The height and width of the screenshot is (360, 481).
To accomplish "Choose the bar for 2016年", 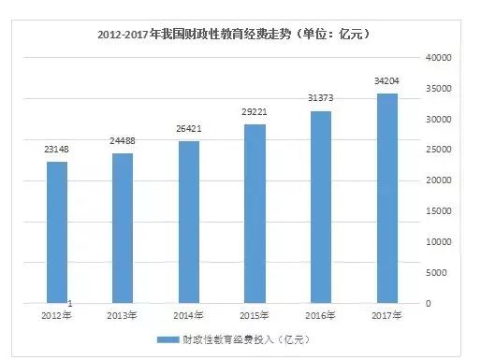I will click(320, 207).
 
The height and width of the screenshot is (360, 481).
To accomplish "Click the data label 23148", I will click(58, 149).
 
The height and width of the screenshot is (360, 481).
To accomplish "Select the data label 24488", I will click(124, 141).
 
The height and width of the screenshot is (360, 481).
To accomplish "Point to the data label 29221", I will click(255, 112).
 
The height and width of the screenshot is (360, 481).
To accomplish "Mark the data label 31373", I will click(320, 99).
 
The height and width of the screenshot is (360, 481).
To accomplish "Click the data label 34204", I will click(386, 81).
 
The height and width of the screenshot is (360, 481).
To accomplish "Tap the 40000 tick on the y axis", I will click(439, 58).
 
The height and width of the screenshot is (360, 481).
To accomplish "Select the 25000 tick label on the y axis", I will click(439, 151).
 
